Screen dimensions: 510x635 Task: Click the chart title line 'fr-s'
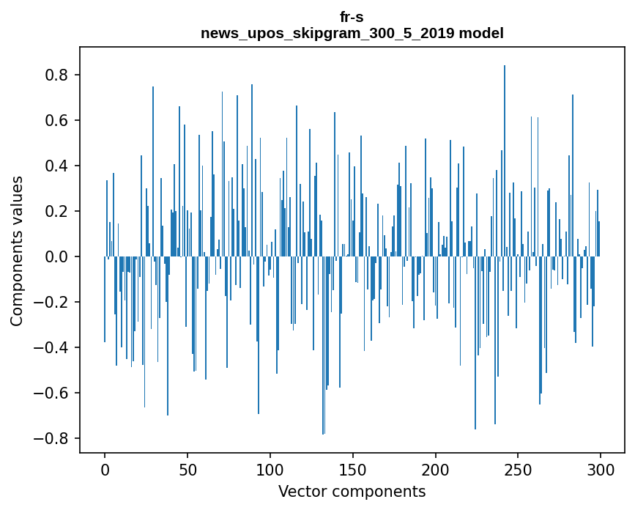(352, 17)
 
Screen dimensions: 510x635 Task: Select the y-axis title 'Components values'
(17, 251)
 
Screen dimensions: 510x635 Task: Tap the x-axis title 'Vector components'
(352, 492)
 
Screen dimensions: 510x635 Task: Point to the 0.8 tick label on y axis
(57, 75)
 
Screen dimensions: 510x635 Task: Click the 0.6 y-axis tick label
(57, 120)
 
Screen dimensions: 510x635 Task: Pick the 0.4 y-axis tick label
(57, 166)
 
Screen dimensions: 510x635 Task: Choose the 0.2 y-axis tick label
(57, 211)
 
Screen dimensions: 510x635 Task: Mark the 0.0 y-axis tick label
(57, 256)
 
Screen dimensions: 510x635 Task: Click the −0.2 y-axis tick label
(53, 302)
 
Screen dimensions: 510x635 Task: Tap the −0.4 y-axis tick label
(53, 347)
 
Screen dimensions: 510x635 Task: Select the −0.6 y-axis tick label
(53, 393)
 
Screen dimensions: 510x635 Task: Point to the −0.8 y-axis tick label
(53, 438)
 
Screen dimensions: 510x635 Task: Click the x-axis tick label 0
(105, 469)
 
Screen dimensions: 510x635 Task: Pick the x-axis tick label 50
(187, 469)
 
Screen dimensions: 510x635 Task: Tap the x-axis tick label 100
(270, 469)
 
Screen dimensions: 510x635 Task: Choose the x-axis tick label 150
(353, 469)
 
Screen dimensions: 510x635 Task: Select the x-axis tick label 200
(436, 469)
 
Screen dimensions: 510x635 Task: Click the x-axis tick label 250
(519, 469)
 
